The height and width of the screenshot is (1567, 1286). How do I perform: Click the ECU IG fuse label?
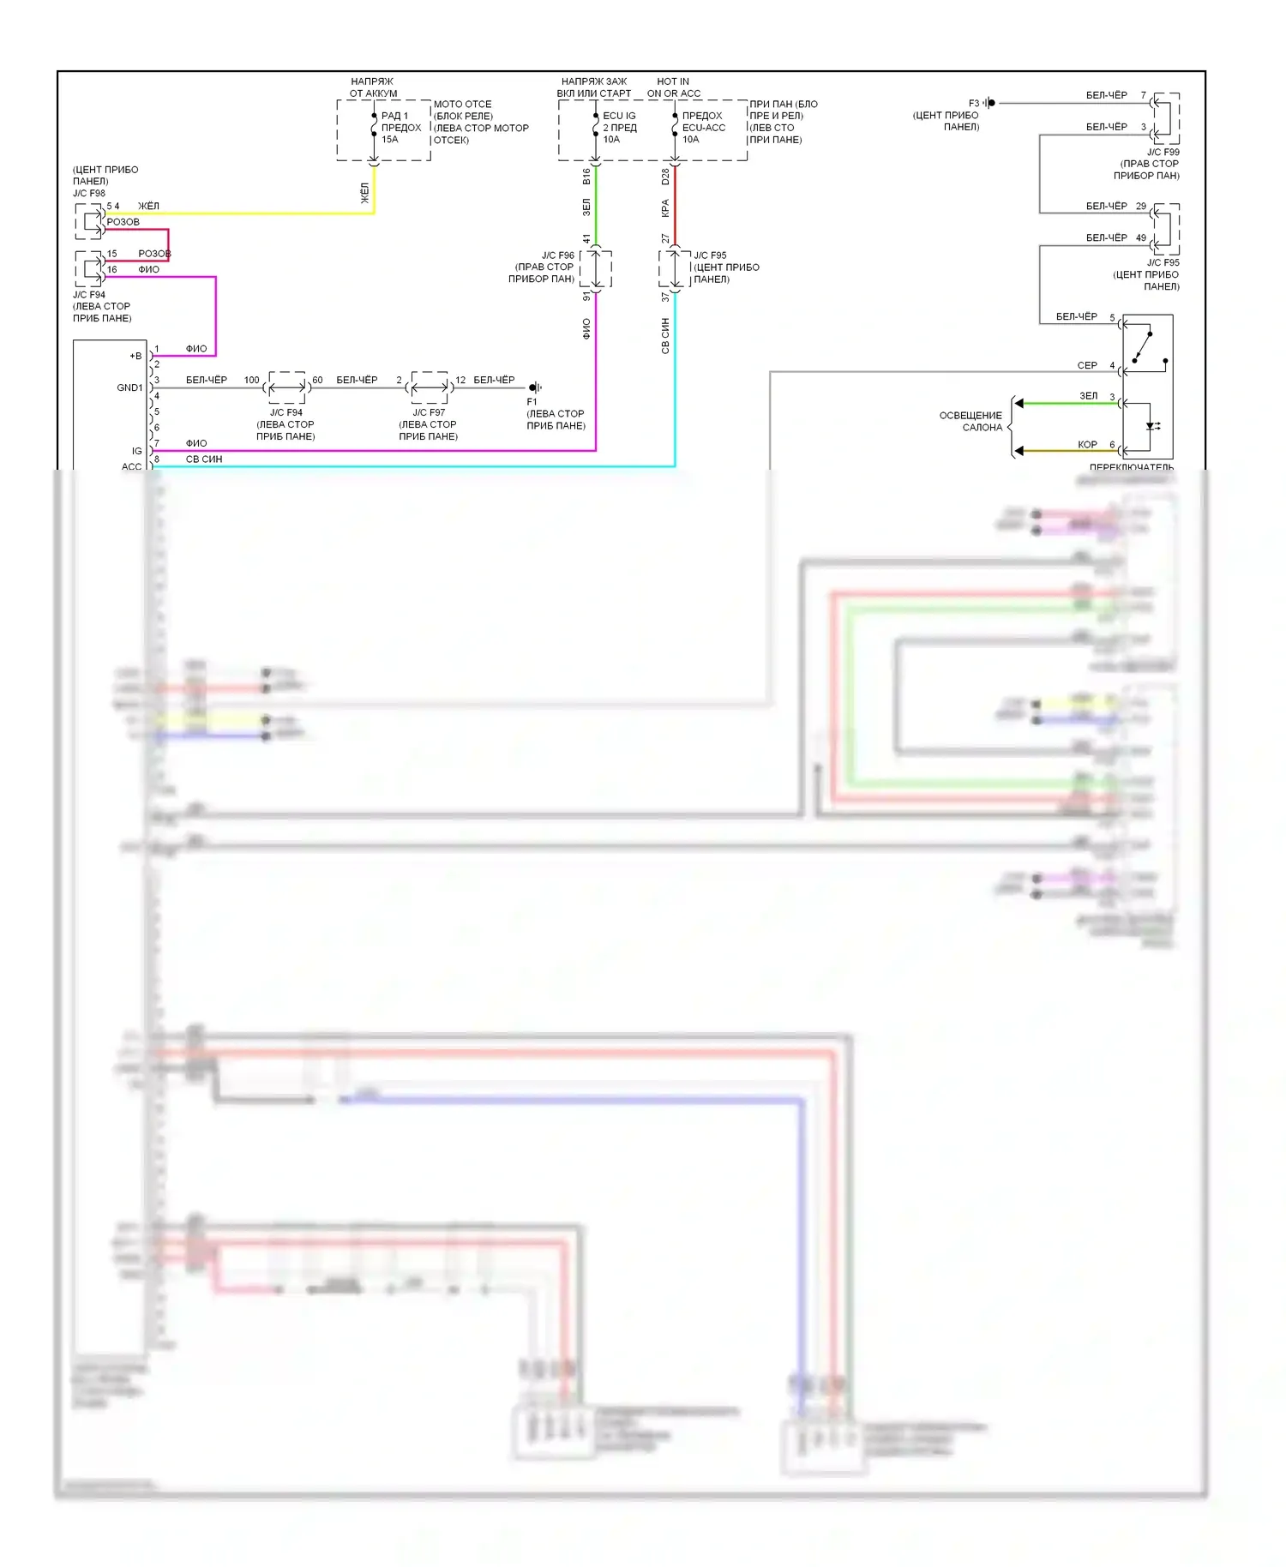pyautogui.click(x=619, y=116)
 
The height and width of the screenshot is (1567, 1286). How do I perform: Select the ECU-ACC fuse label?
pyautogui.click(x=703, y=128)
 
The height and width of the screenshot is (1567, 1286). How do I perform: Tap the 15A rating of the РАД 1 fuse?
pyautogui.click(x=390, y=140)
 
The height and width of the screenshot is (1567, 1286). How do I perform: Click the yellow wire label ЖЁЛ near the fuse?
pyautogui.click(x=364, y=193)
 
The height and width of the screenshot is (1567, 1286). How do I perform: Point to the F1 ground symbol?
pyautogui.click(x=535, y=387)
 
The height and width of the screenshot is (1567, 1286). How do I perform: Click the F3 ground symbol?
pyautogui.click(x=990, y=103)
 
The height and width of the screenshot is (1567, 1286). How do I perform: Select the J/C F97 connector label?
pyautogui.click(x=429, y=412)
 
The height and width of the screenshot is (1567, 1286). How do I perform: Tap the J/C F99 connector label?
pyautogui.click(x=1163, y=152)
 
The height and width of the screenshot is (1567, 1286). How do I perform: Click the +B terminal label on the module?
pyautogui.click(x=135, y=356)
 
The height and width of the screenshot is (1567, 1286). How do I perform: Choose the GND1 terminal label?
pyautogui.click(x=129, y=387)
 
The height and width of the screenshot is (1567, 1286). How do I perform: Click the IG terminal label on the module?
pyautogui.click(x=136, y=451)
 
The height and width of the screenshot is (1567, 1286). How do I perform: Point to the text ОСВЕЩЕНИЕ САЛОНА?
pyautogui.click(x=971, y=421)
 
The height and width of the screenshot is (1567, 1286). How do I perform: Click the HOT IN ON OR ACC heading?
pyautogui.click(x=673, y=87)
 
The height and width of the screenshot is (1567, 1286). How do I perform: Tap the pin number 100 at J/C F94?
pyautogui.click(x=251, y=380)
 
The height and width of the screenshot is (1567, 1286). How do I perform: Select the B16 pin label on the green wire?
pyautogui.click(x=586, y=177)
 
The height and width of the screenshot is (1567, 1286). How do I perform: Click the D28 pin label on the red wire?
pyautogui.click(x=665, y=177)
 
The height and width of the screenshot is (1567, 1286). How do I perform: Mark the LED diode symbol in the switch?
pyautogui.click(x=1151, y=426)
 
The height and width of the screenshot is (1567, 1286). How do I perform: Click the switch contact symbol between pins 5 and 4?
pyautogui.click(x=1145, y=346)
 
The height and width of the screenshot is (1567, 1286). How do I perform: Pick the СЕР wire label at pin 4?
pyautogui.click(x=1087, y=365)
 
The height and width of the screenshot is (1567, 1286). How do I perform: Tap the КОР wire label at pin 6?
pyautogui.click(x=1087, y=444)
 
